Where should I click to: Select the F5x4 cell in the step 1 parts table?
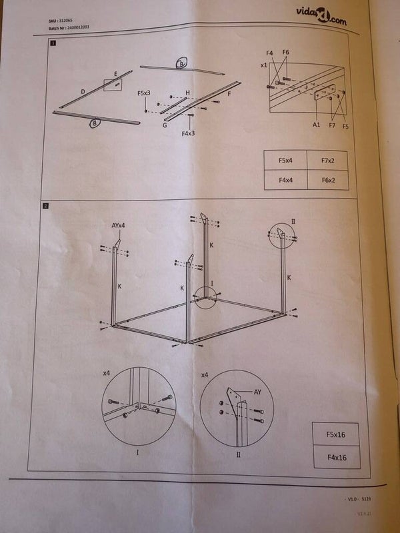click(285, 161)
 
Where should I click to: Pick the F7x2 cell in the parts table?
click(327, 161)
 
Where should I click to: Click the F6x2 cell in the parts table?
click(327, 180)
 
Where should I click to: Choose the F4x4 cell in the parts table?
click(285, 180)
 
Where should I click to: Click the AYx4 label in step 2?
click(119, 227)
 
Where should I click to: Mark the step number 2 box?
click(45, 206)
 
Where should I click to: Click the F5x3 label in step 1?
click(144, 93)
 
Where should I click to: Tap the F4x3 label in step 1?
click(189, 133)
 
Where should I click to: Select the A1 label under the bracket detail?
click(316, 125)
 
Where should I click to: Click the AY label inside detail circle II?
click(257, 392)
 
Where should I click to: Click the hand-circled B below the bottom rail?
click(95, 122)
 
